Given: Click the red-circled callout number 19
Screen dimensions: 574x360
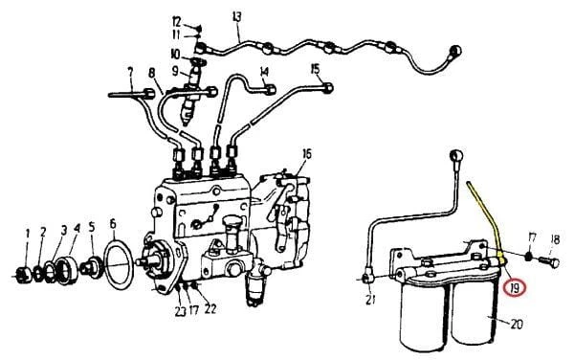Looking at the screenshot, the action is pyautogui.click(x=515, y=288).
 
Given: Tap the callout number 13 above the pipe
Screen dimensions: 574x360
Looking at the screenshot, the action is pyautogui.click(x=237, y=17).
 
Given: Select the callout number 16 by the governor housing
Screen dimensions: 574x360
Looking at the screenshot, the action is pyautogui.click(x=307, y=154).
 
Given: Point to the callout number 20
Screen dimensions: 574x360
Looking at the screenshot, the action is pyautogui.click(x=516, y=325).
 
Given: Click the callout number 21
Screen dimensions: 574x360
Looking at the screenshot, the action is pyautogui.click(x=370, y=300).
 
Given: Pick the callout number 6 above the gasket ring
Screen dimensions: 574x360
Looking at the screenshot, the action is pyautogui.click(x=113, y=223).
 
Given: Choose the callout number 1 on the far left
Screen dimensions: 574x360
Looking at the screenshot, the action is pyautogui.click(x=27, y=234).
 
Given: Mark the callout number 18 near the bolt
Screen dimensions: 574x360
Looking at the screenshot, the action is pyautogui.click(x=555, y=240).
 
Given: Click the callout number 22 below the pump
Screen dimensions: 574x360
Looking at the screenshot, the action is pyautogui.click(x=210, y=308).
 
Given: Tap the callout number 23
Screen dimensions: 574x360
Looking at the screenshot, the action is pyautogui.click(x=180, y=311).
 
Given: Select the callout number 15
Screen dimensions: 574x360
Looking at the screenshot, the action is pyautogui.click(x=315, y=69).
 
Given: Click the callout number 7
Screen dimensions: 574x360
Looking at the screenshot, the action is pyautogui.click(x=129, y=72).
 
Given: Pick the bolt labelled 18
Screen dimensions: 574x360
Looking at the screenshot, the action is pyautogui.click(x=548, y=261).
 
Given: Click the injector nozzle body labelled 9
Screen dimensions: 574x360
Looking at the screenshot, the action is pyautogui.click(x=195, y=74).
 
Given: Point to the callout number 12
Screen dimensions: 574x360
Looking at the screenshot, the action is pyautogui.click(x=176, y=22).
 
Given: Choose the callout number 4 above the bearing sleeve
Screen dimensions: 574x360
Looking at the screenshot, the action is pyautogui.click(x=77, y=229).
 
